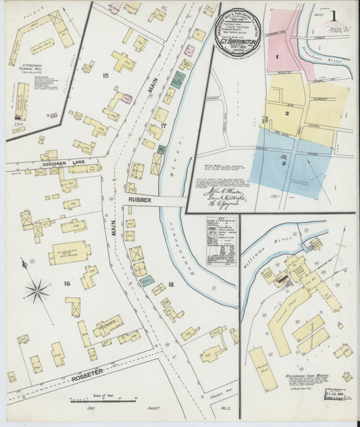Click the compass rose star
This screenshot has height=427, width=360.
38,291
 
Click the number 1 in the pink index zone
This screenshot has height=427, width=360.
278,57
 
